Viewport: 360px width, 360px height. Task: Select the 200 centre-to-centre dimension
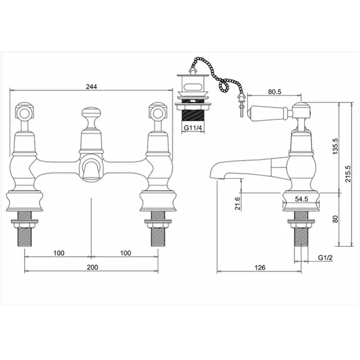click(92, 267)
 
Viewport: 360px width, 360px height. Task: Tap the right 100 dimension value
click(124, 253)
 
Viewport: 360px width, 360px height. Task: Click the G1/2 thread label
click(325, 258)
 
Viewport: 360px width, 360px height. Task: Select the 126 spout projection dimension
click(260, 267)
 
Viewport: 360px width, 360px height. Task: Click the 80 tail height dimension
click(335, 219)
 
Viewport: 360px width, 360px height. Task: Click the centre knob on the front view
click(91, 114)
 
